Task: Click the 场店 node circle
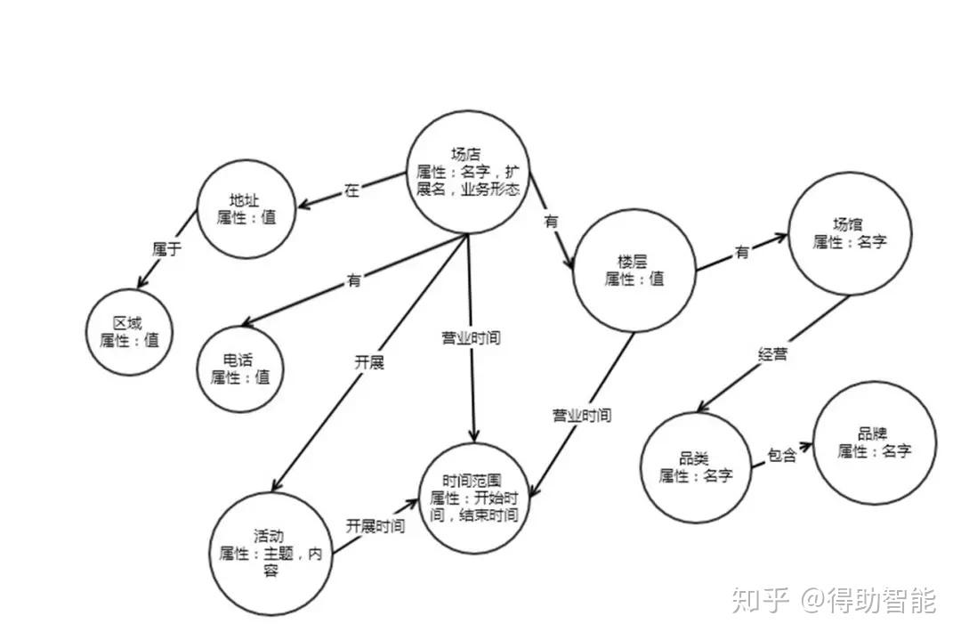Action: tap(468, 172)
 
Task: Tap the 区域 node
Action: tap(129, 330)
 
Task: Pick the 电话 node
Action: tap(240, 367)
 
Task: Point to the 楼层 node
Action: tap(634, 269)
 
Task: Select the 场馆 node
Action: tap(849, 233)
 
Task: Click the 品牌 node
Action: tap(873, 442)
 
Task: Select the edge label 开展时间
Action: tap(376, 526)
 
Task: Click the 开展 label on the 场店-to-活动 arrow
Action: tap(369, 362)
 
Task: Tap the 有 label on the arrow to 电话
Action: tap(354, 280)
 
